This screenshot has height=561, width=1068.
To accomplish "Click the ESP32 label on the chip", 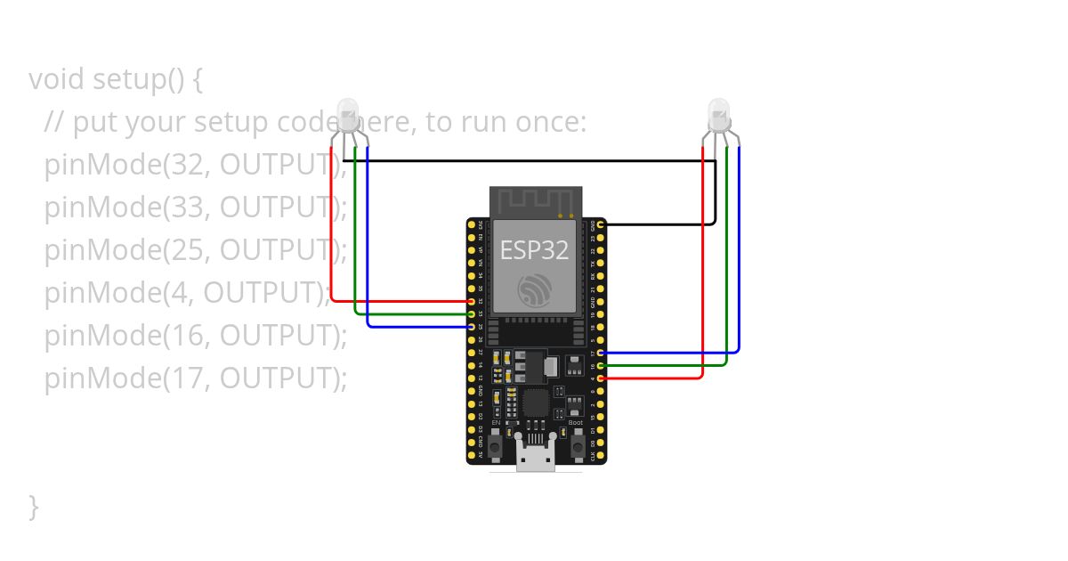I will (x=534, y=250).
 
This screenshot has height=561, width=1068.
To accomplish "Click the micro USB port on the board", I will (x=535, y=455).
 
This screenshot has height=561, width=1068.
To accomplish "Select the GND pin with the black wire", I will (x=602, y=225).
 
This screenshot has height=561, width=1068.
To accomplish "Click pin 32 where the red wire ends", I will (x=471, y=302).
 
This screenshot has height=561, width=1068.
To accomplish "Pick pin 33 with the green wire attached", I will (x=471, y=314).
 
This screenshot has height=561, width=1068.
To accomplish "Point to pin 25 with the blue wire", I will (x=471, y=327).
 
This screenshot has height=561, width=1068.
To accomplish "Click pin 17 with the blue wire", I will (x=602, y=354).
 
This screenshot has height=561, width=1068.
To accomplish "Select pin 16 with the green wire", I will (x=602, y=366).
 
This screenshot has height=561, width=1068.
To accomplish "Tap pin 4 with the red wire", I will (x=602, y=378).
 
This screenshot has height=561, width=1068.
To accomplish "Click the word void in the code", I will (x=57, y=79).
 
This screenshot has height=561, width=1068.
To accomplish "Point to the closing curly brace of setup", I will (x=34, y=507).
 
